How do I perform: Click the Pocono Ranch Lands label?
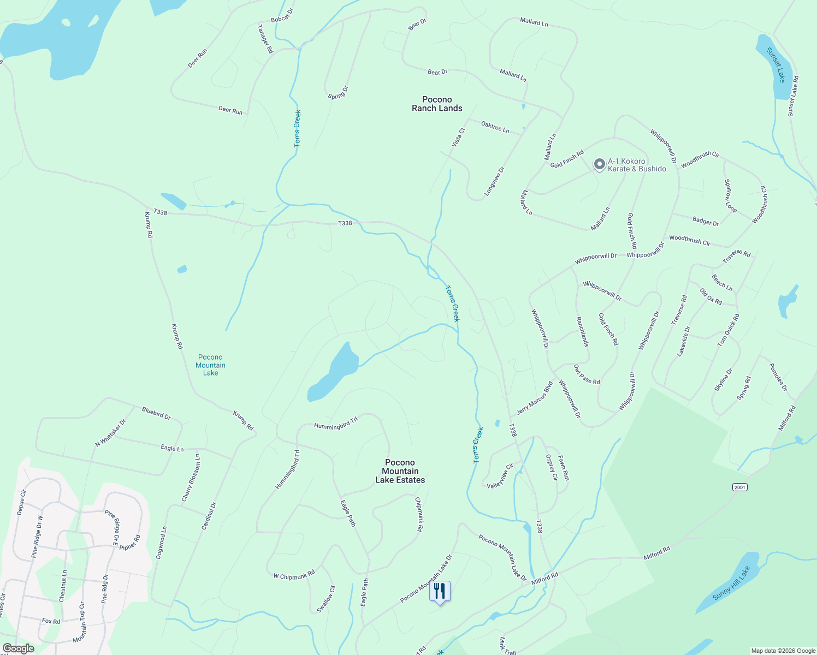pos(437,104)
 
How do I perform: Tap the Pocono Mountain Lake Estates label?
pos(400,471)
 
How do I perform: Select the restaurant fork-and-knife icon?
pos(440,591)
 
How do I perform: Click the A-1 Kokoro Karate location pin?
pos(599,164)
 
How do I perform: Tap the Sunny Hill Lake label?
pos(732,583)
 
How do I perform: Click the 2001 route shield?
pos(739,487)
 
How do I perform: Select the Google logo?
pos(18,648)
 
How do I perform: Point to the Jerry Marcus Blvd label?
pos(535,398)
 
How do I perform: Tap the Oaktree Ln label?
pos(495,127)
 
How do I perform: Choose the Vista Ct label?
pos(458,138)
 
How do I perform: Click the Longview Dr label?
pos(495,181)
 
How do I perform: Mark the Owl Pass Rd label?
pos(587,374)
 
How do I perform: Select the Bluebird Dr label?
pos(156,413)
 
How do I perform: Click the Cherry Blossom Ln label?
pos(191,478)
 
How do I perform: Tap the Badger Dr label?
pos(706,221)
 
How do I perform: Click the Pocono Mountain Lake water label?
pos(210,365)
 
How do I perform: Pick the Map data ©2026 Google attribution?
pos(783,651)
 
